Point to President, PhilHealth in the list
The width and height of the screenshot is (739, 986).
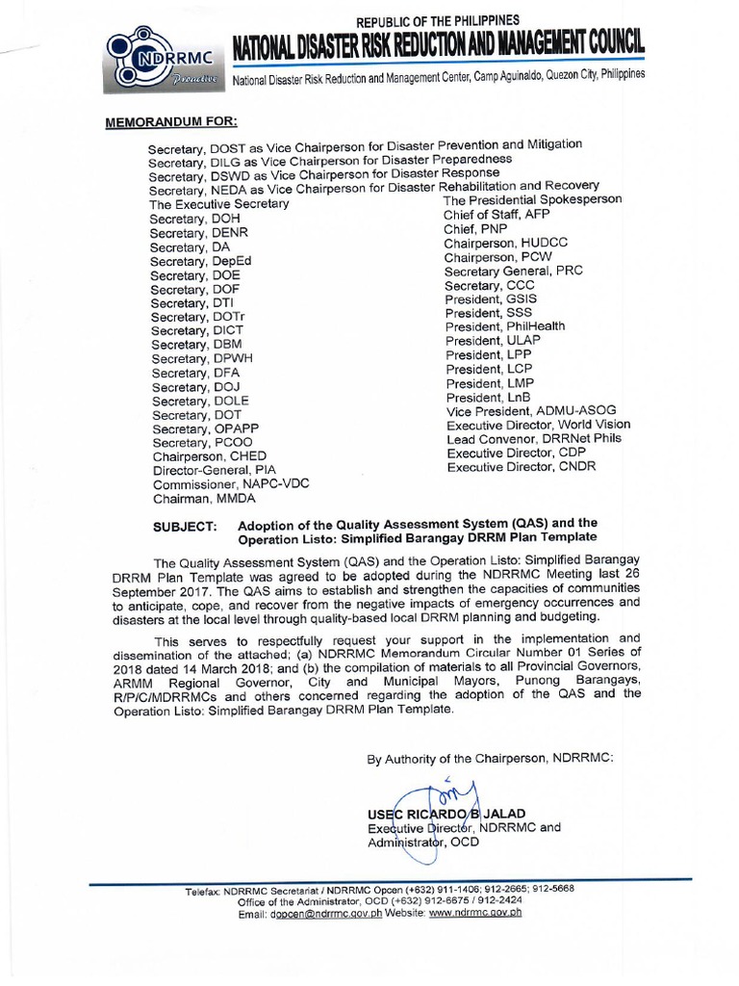[x=505, y=326]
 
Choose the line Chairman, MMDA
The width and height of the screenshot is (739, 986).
[x=195, y=499]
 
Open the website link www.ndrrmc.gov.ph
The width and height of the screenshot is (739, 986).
[x=475, y=913]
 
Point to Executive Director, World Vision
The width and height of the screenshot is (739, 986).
[x=538, y=425]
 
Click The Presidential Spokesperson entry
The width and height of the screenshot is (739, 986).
[x=532, y=200]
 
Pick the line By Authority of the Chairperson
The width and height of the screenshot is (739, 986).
[x=489, y=759]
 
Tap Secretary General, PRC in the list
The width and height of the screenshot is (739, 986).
[x=513, y=272]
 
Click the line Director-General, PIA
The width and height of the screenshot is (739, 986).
[x=213, y=470]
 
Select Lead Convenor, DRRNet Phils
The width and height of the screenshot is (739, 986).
[x=534, y=439]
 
